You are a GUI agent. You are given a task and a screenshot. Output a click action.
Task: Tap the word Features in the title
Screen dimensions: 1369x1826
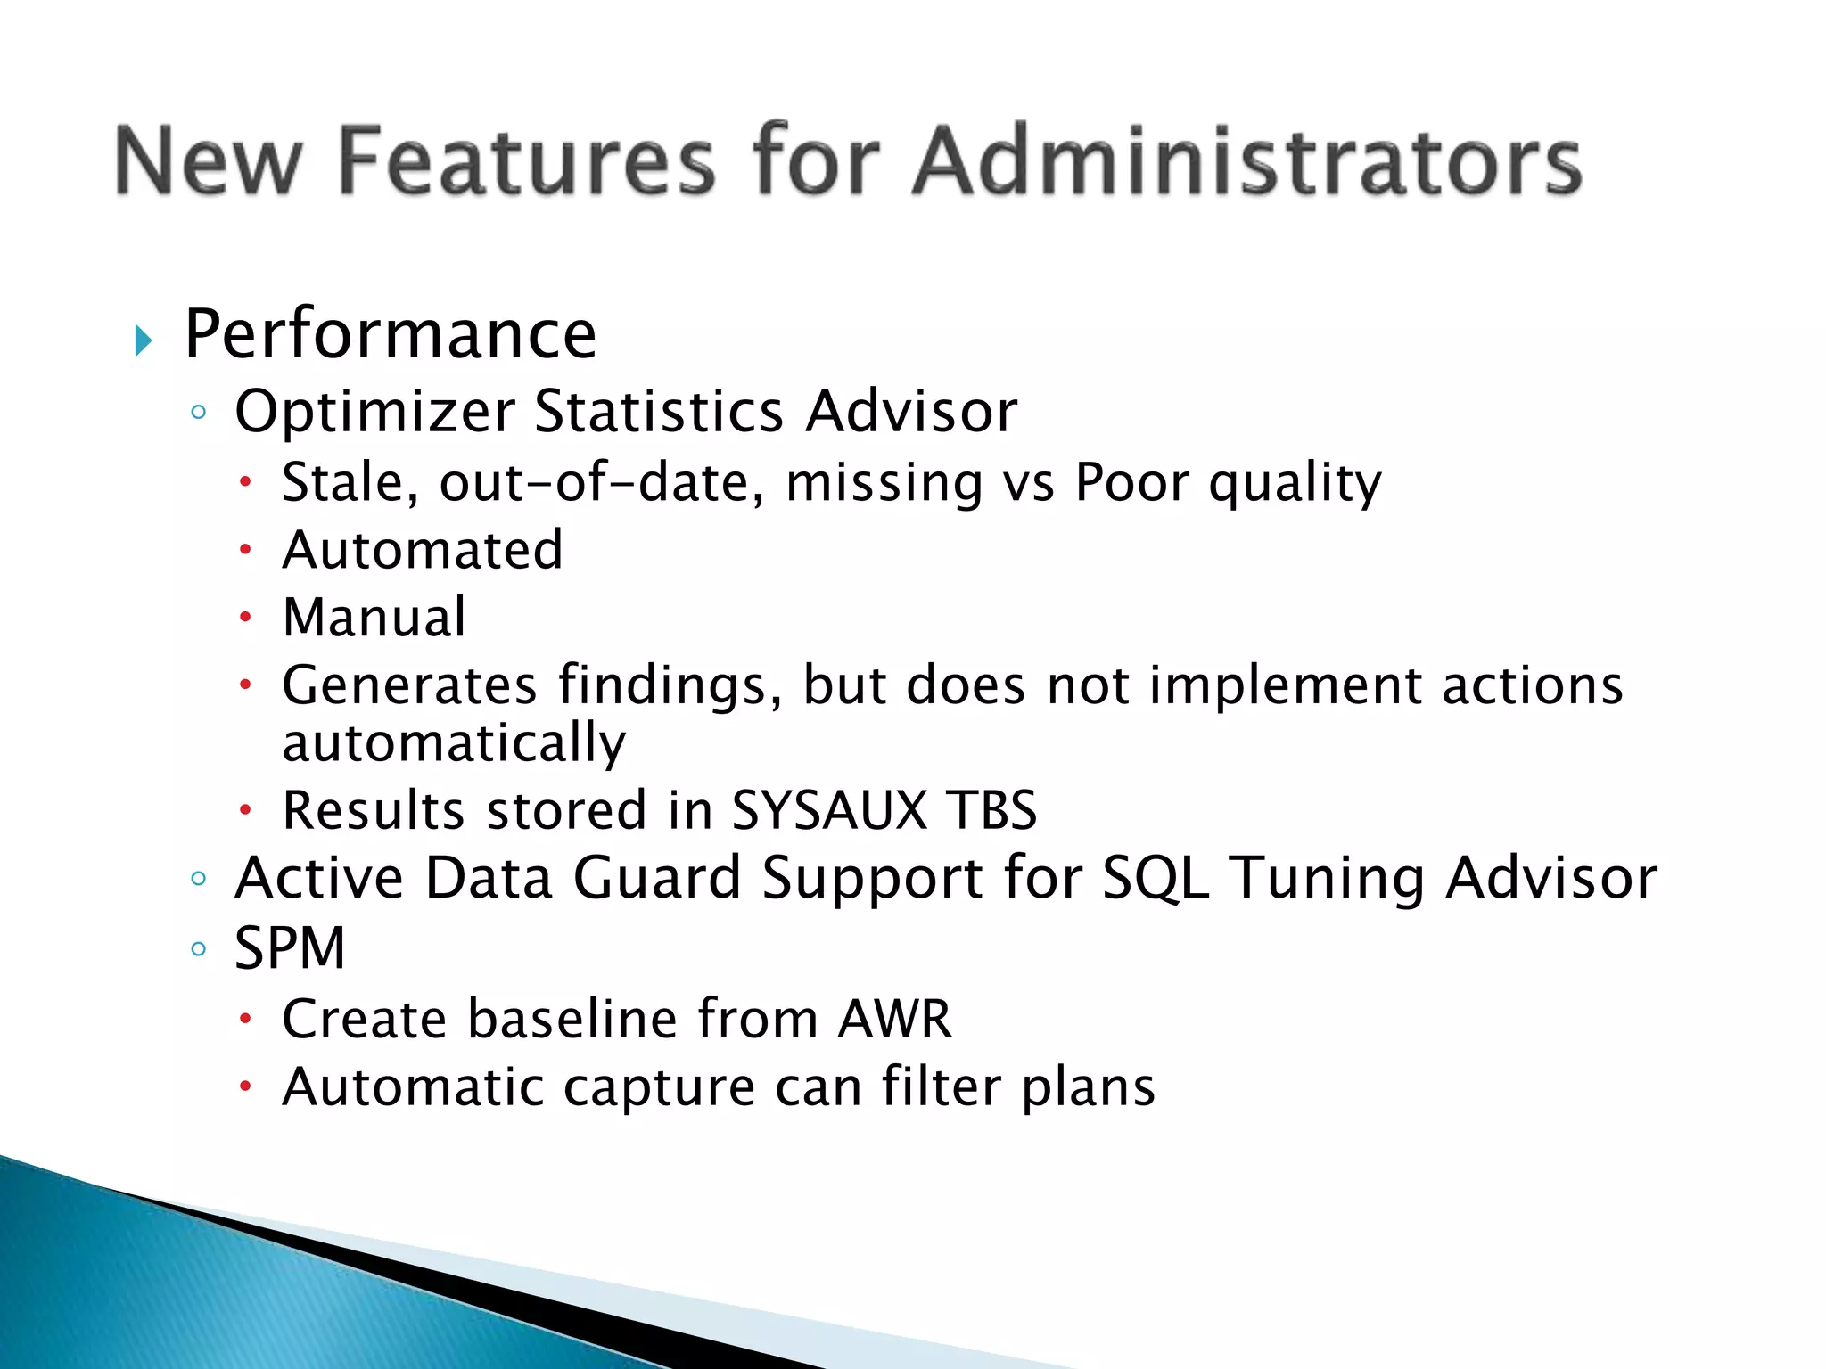point(527,161)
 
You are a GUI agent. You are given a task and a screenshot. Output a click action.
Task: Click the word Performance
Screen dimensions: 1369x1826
point(391,334)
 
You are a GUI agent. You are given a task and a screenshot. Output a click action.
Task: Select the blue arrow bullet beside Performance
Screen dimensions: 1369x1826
point(143,340)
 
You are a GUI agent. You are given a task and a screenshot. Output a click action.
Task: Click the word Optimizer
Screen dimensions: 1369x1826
point(374,412)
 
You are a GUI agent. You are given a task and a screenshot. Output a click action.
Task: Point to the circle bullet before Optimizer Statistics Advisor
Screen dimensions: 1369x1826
point(199,413)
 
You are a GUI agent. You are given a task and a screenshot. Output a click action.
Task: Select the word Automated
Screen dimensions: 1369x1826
point(423,550)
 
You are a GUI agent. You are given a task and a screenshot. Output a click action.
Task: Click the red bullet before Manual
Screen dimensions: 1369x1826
point(246,617)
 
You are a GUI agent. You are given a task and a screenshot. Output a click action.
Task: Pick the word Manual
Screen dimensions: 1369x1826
point(374,617)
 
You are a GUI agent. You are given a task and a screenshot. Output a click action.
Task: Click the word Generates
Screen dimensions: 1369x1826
point(409,685)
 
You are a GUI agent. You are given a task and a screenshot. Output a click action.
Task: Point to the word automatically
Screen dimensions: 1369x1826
point(454,743)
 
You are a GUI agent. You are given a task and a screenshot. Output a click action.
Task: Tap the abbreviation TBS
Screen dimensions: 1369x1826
point(991,810)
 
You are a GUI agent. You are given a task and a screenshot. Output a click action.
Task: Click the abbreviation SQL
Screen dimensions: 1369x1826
point(1156,878)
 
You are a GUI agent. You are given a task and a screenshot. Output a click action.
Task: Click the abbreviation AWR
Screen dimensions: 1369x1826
point(894,1019)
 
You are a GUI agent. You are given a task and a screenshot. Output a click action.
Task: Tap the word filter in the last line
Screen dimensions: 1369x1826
point(941,1087)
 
